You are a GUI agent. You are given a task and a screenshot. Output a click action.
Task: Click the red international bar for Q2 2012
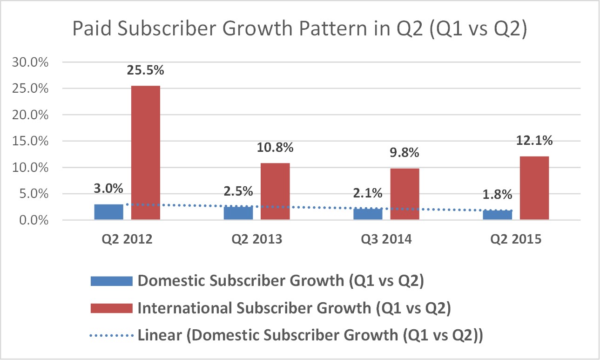[x=146, y=153]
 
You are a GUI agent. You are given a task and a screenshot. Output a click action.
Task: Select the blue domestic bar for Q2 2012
[x=108, y=212]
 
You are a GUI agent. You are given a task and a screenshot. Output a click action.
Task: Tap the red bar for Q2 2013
[x=275, y=191]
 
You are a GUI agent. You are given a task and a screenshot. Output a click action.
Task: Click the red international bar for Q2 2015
[x=534, y=188]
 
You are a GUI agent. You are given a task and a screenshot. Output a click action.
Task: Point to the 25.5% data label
[x=146, y=71]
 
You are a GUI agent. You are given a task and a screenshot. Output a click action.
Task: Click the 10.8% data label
[x=275, y=148]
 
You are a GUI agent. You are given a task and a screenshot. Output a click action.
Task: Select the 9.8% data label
[x=404, y=153]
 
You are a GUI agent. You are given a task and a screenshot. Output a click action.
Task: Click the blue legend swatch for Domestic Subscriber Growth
[x=111, y=281]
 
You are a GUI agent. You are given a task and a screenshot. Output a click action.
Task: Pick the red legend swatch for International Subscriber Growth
[x=111, y=308]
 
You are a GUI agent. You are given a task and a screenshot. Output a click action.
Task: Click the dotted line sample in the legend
[x=111, y=335]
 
